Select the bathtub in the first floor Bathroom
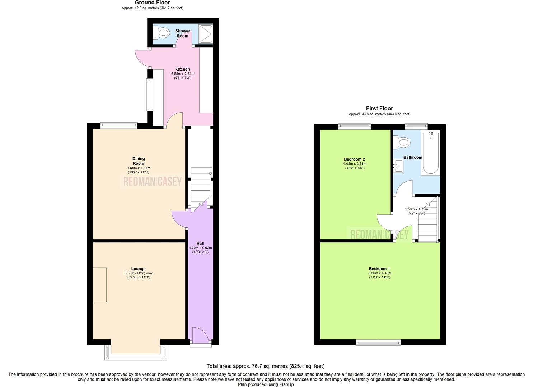430,153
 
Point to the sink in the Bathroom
398,166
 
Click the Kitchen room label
182,70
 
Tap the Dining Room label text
139,161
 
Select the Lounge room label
138,269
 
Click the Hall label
200,244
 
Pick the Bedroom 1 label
379,269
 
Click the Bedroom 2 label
354,159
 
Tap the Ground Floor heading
153,3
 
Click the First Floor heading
379,108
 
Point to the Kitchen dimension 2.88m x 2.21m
182,74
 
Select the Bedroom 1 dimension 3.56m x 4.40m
379,273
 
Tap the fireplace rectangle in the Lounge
99,285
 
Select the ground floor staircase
200,188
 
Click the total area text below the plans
266,366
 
